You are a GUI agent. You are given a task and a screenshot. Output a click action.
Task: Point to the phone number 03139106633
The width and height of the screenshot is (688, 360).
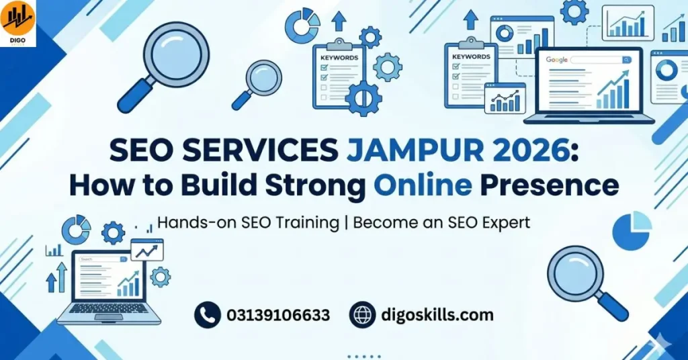[x=278, y=314]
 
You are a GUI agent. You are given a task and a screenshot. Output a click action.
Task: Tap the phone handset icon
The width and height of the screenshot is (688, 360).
[x=208, y=314]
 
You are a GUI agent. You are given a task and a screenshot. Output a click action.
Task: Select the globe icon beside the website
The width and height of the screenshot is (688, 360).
[x=363, y=314]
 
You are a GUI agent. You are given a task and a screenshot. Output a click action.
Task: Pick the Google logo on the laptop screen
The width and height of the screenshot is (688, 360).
[x=557, y=60]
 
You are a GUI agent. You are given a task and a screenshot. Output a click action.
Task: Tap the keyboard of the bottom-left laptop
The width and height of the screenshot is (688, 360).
[x=107, y=308]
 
